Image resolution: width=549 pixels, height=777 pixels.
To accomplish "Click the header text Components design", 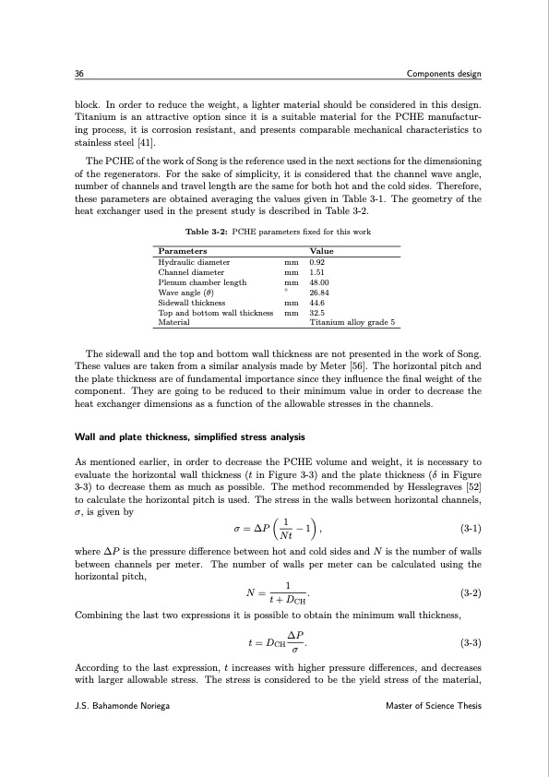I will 444,74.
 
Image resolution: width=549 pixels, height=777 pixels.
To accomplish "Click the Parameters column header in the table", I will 183,251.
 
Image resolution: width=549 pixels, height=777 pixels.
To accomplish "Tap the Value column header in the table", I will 322,251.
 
